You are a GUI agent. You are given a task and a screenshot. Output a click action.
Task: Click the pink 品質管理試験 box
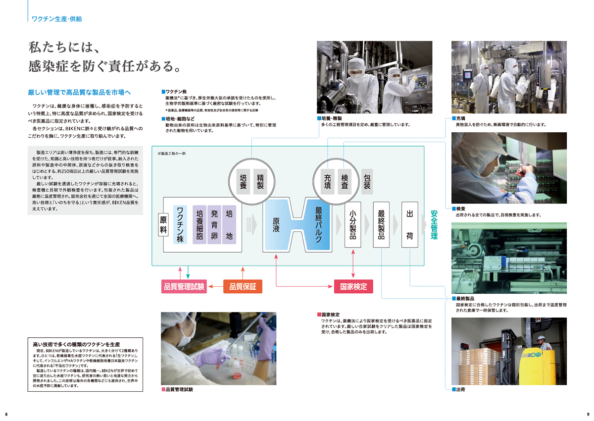(x=184, y=286)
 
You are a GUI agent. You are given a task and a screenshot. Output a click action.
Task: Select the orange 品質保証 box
(x=243, y=286)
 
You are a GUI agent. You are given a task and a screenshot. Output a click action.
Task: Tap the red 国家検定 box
(x=353, y=286)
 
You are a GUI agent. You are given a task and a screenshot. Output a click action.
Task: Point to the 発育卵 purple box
(x=214, y=224)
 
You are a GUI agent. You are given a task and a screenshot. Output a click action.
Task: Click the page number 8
(x=6, y=414)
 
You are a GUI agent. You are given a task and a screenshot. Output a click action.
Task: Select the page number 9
(x=588, y=414)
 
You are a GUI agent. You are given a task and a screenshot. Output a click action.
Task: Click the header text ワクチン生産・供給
(x=56, y=19)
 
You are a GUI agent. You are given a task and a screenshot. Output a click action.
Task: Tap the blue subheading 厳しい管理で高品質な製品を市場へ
(x=79, y=92)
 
